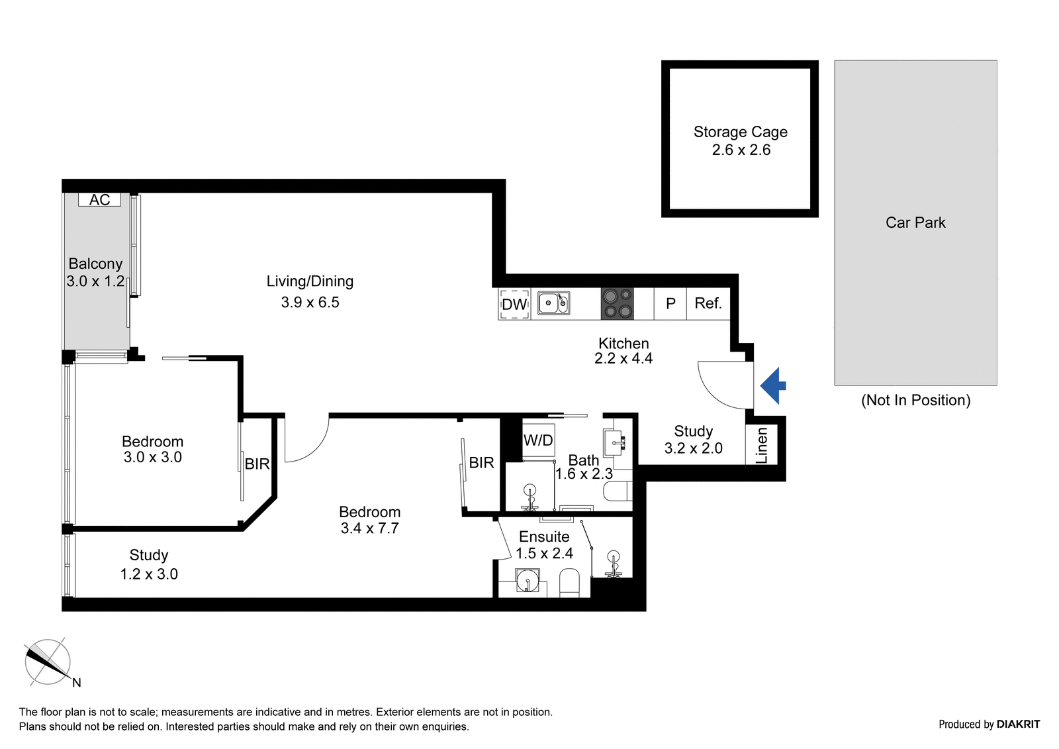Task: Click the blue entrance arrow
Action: (x=773, y=385)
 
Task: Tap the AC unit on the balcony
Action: (x=99, y=200)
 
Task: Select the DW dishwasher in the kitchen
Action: (x=514, y=304)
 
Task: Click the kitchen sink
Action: (x=553, y=303)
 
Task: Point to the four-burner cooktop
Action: (x=618, y=304)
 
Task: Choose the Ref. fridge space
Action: (x=708, y=303)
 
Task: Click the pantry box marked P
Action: (x=670, y=303)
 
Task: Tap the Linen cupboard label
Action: (x=761, y=445)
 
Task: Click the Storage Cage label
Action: (x=741, y=132)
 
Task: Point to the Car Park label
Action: (x=915, y=223)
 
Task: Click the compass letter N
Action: (x=77, y=682)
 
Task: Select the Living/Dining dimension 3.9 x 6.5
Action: (x=310, y=303)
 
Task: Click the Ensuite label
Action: (x=544, y=536)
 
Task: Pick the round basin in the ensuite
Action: (x=527, y=580)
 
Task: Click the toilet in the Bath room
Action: (x=618, y=491)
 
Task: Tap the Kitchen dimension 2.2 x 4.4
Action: (x=623, y=359)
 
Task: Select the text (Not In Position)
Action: (x=916, y=400)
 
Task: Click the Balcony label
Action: (x=95, y=264)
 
